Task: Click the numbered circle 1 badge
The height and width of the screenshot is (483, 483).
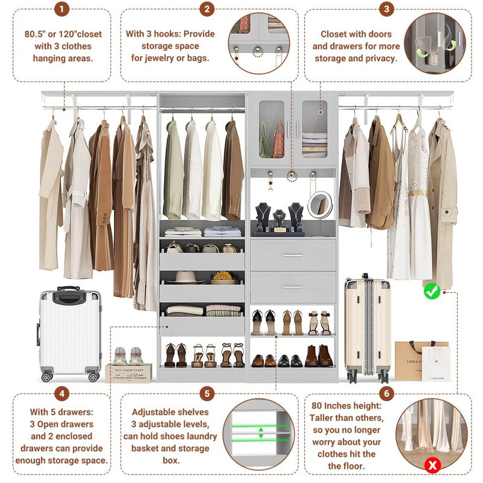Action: (x=62, y=9)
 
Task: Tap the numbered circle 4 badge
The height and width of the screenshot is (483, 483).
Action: (x=62, y=394)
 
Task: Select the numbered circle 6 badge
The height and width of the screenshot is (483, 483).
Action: (x=387, y=394)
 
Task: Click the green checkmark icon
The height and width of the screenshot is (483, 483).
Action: (x=431, y=292)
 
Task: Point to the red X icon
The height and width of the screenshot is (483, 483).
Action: (x=432, y=465)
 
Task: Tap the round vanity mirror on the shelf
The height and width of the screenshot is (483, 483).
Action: (x=319, y=205)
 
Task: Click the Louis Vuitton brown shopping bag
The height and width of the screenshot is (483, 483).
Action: (x=415, y=360)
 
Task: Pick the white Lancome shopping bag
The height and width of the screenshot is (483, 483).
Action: (x=436, y=364)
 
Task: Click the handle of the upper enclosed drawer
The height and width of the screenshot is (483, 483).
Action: (x=293, y=255)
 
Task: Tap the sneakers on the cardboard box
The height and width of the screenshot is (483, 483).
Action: (x=127, y=356)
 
